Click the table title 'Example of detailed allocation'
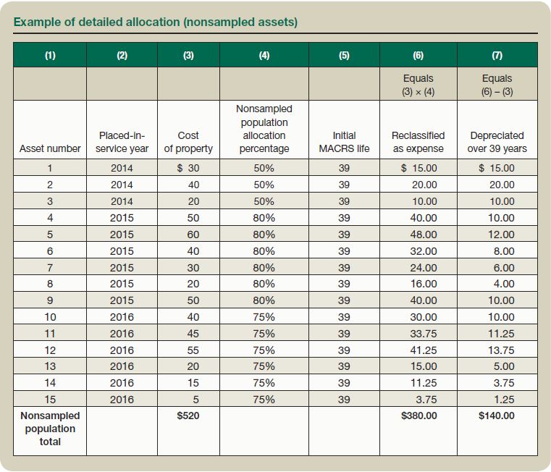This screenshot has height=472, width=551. pyautogui.click(x=155, y=22)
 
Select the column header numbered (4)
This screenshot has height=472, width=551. pyautogui.click(x=264, y=55)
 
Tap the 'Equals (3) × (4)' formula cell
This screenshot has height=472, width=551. pyautogui.click(x=418, y=85)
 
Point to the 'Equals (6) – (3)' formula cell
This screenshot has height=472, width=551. pyautogui.click(x=497, y=85)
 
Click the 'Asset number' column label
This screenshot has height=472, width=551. pyautogui.click(x=50, y=148)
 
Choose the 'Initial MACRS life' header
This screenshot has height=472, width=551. pyautogui.click(x=344, y=142)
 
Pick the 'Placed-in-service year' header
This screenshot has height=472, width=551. pyautogui.click(x=122, y=142)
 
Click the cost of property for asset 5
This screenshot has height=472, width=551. pyautogui.click(x=193, y=235)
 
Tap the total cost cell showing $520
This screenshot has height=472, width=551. pyautogui.click(x=188, y=416)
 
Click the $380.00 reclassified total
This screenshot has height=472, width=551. pyautogui.click(x=418, y=416)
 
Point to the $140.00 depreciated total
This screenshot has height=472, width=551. pyautogui.click(x=497, y=416)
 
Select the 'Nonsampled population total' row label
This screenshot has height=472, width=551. pyautogui.click(x=50, y=429)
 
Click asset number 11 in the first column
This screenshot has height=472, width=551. pyautogui.click(x=50, y=334)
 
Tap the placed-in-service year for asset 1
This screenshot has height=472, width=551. pyautogui.click(x=122, y=168)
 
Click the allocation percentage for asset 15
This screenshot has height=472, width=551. pyautogui.click(x=264, y=400)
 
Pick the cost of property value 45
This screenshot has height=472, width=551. pyautogui.click(x=193, y=334)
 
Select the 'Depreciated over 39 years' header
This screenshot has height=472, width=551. pyautogui.click(x=497, y=142)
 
